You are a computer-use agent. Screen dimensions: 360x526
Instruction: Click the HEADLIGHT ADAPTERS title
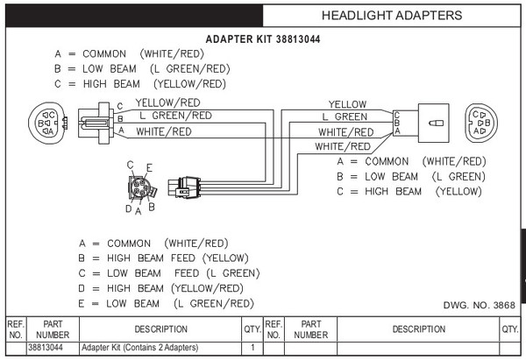(x=391, y=15)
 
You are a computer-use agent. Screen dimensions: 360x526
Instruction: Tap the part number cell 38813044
(x=46, y=348)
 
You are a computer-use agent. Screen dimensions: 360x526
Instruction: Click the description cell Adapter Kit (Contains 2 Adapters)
(x=132, y=348)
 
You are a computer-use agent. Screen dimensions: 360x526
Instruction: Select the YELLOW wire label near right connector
(x=347, y=104)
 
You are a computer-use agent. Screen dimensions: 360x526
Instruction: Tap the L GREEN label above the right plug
(x=345, y=116)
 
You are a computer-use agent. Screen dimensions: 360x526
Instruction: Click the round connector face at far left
(x=46, y=124)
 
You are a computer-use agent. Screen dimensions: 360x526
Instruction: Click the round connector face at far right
(x=480, y=124)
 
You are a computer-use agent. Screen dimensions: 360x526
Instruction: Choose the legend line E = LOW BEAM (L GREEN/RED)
(x=167, y=303)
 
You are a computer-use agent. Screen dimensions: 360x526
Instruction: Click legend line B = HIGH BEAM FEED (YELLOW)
(x=164, y=258)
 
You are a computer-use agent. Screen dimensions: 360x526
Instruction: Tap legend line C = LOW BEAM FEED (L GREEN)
(x=169, y=273)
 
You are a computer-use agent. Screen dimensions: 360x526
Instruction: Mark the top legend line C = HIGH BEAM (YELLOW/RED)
(x=140, y=84)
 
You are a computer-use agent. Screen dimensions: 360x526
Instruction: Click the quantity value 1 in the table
(x=252, y=348)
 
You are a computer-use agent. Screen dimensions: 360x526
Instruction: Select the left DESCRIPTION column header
(x=160, y=329)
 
